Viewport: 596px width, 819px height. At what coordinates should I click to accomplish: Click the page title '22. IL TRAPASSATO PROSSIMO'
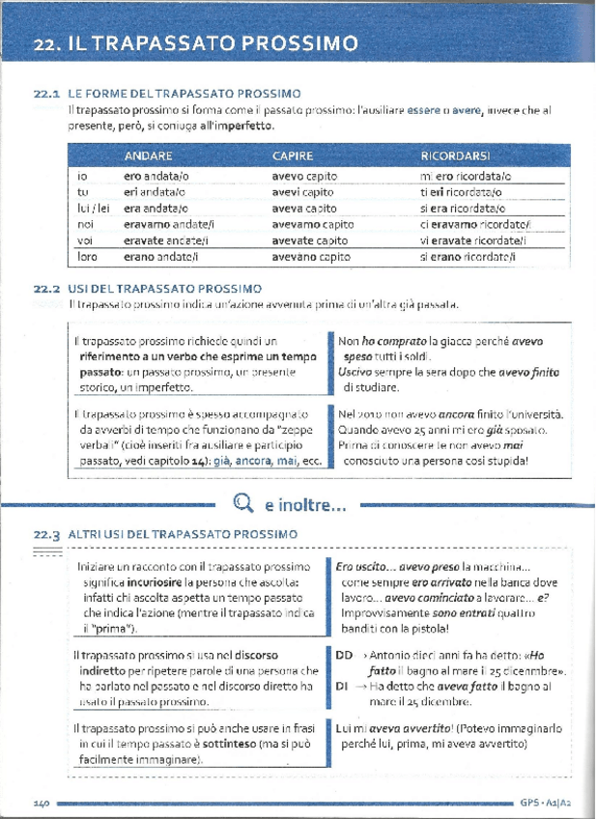coord(194,43)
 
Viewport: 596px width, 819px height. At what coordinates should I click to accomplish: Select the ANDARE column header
coord(148,155)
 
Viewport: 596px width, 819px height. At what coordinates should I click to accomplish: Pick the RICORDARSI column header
coord(455,155)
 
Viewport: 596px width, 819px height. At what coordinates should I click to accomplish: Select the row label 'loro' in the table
coord(87,256)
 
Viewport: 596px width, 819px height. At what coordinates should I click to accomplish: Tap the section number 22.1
coord(47,94)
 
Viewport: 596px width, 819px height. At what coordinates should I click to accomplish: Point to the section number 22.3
coord(47,533)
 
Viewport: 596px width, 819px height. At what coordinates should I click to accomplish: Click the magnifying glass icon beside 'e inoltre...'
coord(242,501)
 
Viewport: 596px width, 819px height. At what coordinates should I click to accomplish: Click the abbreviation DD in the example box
coord(344,654)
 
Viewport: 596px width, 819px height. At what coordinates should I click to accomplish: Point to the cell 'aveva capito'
coord(303,208)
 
